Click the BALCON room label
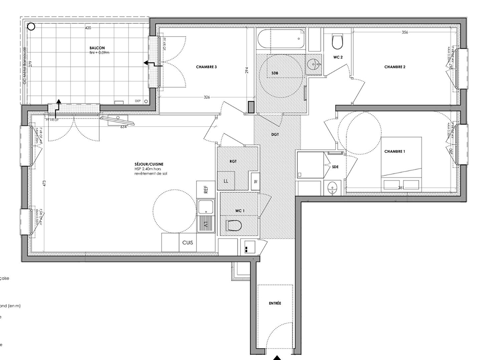click(97, 48)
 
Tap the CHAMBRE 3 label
click(206, 67)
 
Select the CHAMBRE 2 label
click(395, 67)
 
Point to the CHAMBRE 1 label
click(395, 151)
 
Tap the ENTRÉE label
click(275, 303)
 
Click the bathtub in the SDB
click(281, 39)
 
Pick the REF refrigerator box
click(206, 190)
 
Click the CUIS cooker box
click(188, 243)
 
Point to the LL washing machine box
click(226, 181)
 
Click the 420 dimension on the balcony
click(88, 28)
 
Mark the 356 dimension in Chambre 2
click(405, 32)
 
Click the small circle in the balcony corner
click(31, 27)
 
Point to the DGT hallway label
click(275, 134)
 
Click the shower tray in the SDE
click(310, 165)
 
